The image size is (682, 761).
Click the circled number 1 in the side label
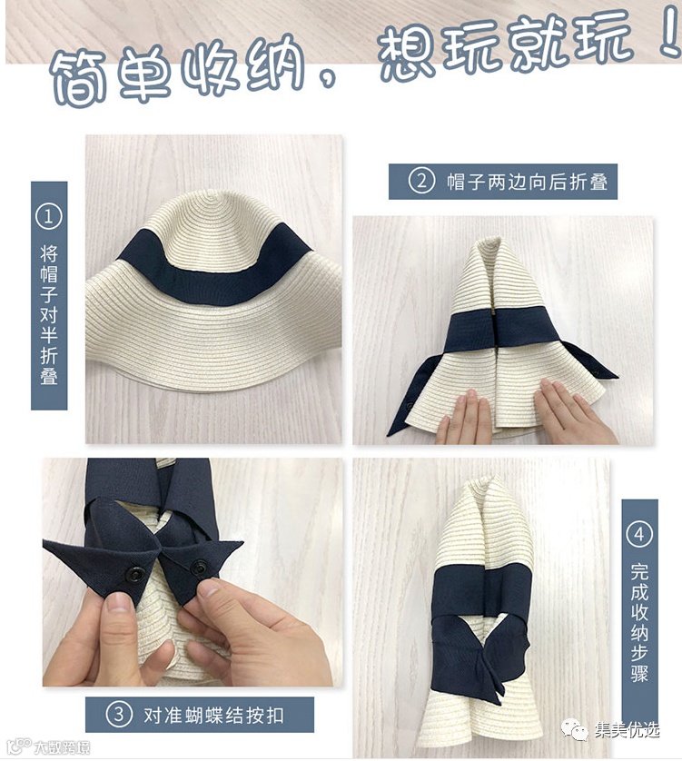pyautogui.click(x=49, y=216)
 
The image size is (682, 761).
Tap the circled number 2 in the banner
pyautogui.click(x=420, y=181)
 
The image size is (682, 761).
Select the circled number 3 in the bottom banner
pyautogui.click(x=119, y=714)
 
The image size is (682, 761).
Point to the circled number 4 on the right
pyautogui.click(x=639, y=534)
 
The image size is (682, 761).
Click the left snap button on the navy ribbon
pyautogui.click(x=134, y=574)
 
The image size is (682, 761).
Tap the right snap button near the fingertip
pyautogui.click(x=198, y=567)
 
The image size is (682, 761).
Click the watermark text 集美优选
pyautogui.click(x=627, y=730)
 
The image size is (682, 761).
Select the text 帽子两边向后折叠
pyautogui.click(x=527, y=181)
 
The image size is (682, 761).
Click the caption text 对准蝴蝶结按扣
pyautogui.click(x=213, y=715)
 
